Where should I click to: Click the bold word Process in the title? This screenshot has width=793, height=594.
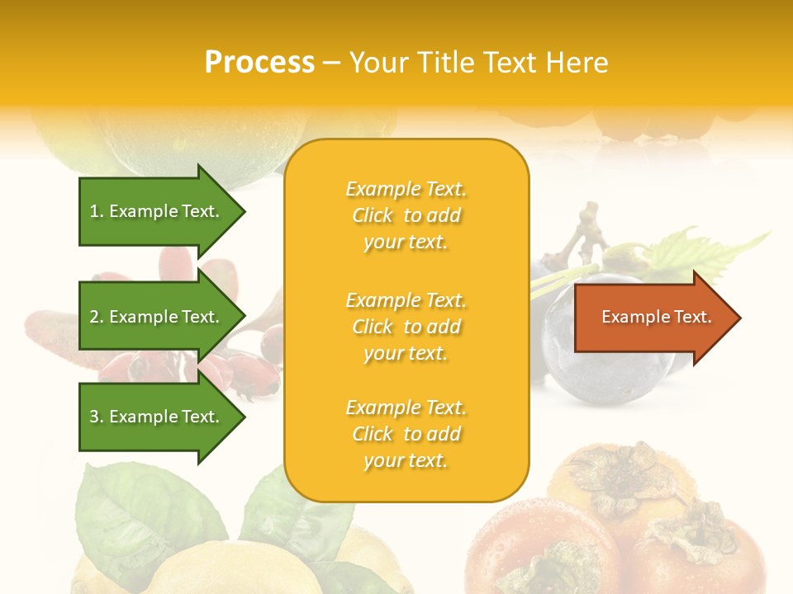click(x=259, y=63)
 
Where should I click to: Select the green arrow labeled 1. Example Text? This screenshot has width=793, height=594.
click(x=157, y=211)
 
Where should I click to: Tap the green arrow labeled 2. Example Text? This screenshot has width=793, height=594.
click(x=157, y=317)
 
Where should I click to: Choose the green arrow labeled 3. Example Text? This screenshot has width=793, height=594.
click(x=157, y=417)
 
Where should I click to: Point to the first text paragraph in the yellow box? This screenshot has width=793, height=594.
click(x=406, y=215)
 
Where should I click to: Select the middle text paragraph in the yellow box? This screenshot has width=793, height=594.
click(x=406, y=327)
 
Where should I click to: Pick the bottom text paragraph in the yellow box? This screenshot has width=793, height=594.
click(x=406, y=434)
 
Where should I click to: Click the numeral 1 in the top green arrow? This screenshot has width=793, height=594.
click(x=94, y=211)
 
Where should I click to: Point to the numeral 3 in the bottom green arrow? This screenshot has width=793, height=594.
click(x=94, y=417)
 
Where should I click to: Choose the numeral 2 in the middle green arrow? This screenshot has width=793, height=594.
click(x=94, y=317)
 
